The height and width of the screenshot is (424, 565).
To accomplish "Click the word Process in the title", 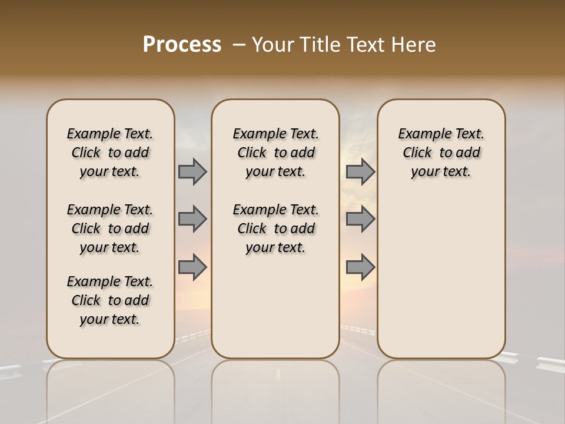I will [x=182, y=45].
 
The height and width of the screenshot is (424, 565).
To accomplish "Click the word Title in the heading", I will [x=318, y=45].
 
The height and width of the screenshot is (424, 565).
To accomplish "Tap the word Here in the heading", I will [x=413, y=45].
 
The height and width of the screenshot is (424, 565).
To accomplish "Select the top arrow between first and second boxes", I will [x=192, y=172].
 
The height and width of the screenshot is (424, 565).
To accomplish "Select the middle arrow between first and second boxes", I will [x=192, y=219].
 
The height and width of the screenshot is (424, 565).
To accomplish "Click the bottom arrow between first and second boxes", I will [x=192, y=267].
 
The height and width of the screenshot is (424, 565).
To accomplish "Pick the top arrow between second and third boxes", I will [x=360, y=172].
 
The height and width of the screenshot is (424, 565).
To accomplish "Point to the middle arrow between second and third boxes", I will [x=360, y=219].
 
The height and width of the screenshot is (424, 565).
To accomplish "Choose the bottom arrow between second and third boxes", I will [x=360, y=267].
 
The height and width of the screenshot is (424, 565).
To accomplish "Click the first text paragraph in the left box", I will [x=110, y=153].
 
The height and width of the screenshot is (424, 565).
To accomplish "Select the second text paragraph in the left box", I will [x=110, y=228].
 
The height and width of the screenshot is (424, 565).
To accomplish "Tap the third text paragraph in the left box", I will [x=110, y=300].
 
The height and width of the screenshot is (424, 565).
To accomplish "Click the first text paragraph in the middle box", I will [x=275, y=153].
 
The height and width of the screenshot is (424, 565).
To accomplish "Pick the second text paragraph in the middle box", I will [x=275, y=228].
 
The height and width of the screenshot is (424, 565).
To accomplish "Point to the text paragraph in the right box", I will [x=441, y=153].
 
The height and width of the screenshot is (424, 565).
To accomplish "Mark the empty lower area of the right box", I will [x=441, y=277].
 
